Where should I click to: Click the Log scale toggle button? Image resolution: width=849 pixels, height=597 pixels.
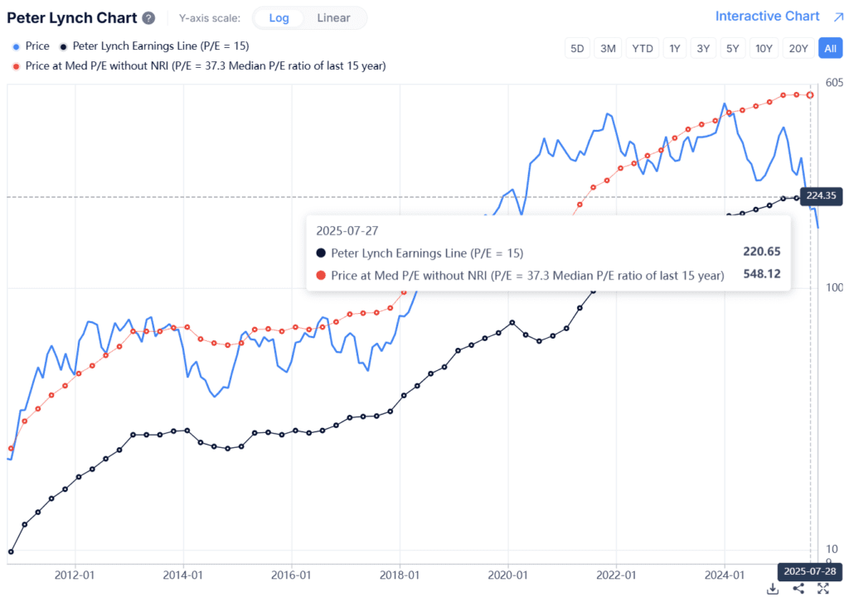click(279, 17)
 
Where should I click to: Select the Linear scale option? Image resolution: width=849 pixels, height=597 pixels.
click(333, 17)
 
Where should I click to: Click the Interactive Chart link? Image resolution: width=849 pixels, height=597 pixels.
click(768, 16)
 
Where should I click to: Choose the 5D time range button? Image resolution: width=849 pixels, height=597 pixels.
click(577, 48)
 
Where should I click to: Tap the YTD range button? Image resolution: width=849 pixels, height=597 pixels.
click(642, 48)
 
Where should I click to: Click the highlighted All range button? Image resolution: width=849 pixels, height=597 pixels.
click(830, 48)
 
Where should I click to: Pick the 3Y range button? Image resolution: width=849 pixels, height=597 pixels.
click(703, 48)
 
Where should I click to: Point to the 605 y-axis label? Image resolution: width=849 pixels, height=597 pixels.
click(833, 81)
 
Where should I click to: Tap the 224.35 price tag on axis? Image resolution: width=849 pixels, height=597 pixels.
click(826, 195)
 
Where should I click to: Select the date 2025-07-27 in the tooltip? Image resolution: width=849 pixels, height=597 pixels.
click(347, 231)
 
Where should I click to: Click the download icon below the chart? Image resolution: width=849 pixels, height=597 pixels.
click(773, 588)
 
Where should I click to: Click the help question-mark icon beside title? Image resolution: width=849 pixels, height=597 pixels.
click(148, 18)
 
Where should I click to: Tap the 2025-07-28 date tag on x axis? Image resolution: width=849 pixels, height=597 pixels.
click(809, 571)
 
